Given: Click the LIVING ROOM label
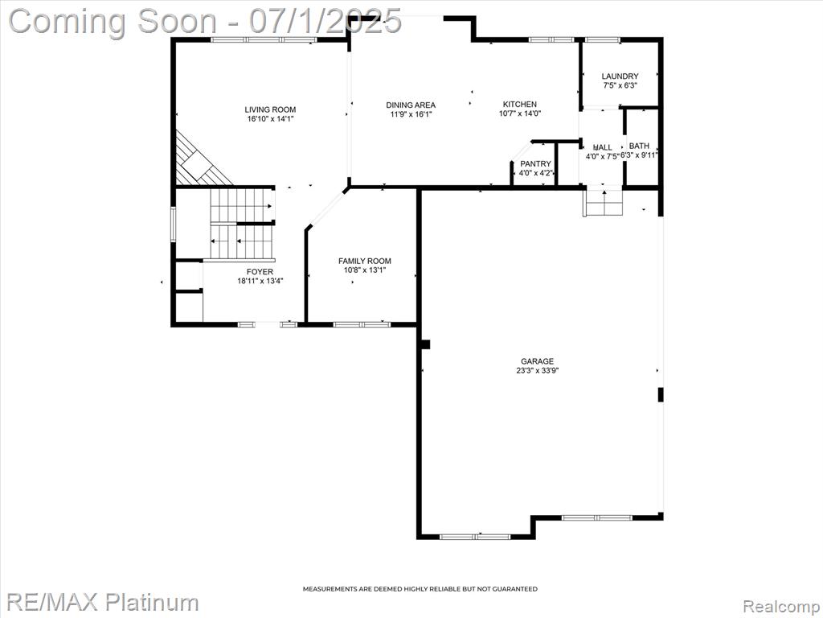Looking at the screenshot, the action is point(270,109).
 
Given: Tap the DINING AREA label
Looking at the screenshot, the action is point(411,105).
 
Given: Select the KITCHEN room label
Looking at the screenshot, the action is point(520,104).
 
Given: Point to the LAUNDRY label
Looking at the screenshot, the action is point(620,76).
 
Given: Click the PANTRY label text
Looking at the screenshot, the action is point(535,164).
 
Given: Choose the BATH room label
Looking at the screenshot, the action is point(639,146).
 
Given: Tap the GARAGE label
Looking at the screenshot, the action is point(537,361).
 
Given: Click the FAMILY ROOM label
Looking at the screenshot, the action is point(365,261).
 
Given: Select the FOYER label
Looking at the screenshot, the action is point(260,272).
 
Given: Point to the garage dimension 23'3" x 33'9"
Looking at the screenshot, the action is point(537,370).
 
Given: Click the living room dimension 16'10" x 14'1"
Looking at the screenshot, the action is point(270,119).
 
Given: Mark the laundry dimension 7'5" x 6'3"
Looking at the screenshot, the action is point(620,85).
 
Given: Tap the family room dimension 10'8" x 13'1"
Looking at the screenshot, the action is point(365,270).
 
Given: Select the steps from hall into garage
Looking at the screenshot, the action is point(604,202).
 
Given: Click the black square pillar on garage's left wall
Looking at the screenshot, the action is point(426,344).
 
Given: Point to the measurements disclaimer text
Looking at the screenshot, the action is point(420,589).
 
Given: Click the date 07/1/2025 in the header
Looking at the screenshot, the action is point(326,21).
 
